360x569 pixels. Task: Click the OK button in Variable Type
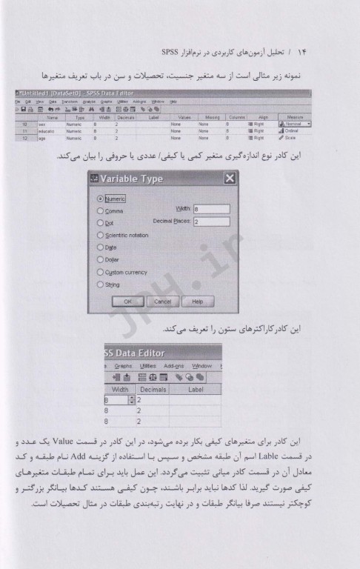(x=127, y=302)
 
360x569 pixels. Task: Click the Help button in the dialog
(x=197, y=302)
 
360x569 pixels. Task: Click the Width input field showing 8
(x=211, y=210)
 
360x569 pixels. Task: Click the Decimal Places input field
(x=211, y=222)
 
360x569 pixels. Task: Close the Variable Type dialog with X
(x=230, y=179)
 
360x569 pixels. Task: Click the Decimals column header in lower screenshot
(x=153, y=387)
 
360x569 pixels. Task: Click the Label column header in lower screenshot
(x=196, y=387)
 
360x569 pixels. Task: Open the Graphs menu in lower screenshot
(x=120, y=365)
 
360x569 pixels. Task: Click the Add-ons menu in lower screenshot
(x=173, y=365)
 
